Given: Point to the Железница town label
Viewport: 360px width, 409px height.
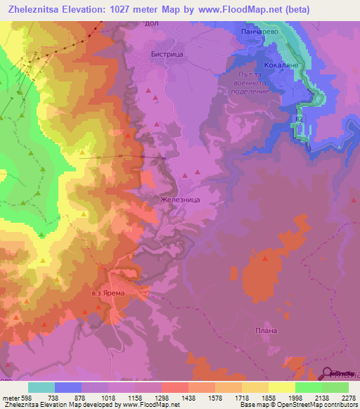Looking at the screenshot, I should click(181, 200).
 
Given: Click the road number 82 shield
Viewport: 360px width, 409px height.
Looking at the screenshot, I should click(300, 120).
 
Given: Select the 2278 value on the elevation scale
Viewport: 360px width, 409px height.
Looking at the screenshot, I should click(348, 397).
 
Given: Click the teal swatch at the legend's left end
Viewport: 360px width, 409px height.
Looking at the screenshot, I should click(41, 387).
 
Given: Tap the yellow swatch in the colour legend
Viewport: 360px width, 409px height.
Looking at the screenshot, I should click(281, 387).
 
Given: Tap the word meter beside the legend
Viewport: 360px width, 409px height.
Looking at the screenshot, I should click(8, 397).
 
